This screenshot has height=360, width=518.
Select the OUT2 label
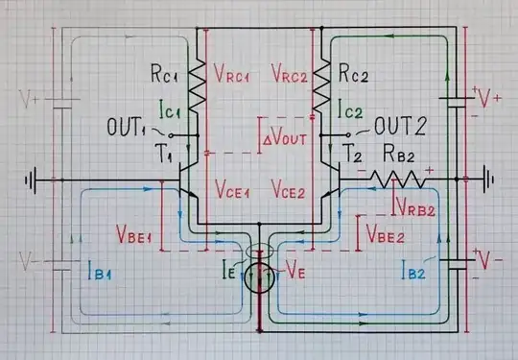401,125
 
